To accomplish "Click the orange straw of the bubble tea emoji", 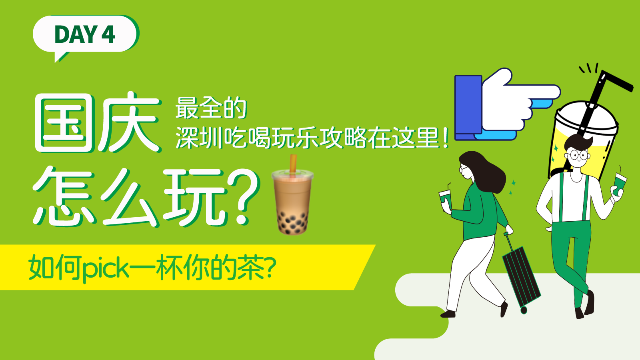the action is coord(293,164).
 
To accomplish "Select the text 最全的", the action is coord(211,108).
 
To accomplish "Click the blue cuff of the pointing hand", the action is coord(468,108).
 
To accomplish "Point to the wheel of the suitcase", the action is coord(524,310).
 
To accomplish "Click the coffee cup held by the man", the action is coord(620,183).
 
